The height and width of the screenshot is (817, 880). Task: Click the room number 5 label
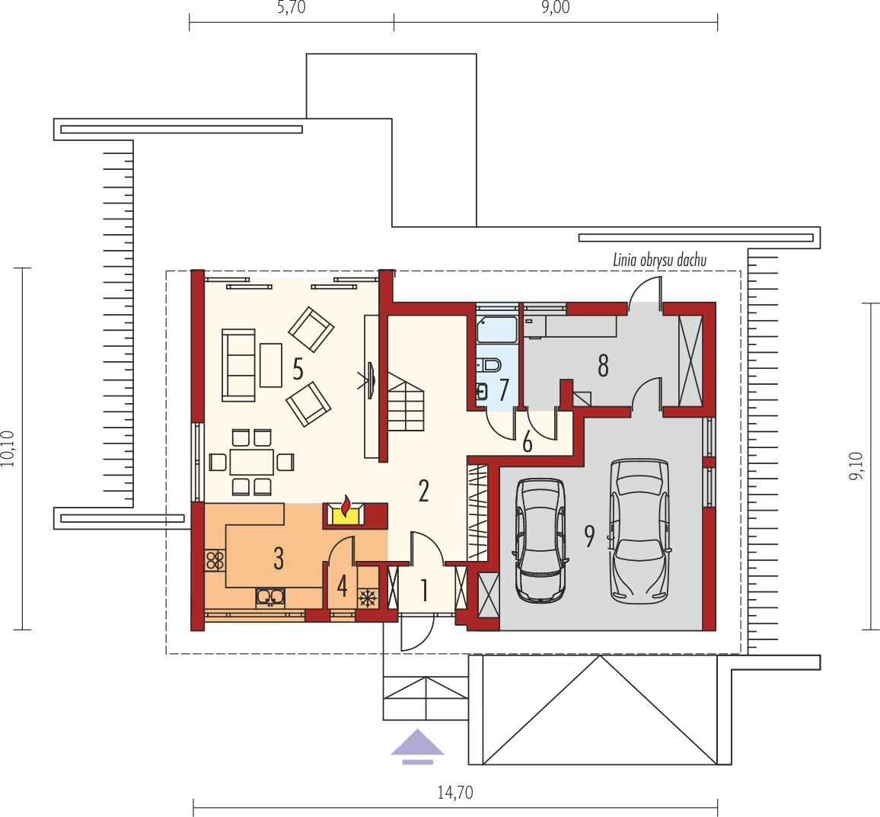(298, 370)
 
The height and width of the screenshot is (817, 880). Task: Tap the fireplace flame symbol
(346, 506)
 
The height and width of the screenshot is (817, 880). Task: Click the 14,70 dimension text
(455, 793)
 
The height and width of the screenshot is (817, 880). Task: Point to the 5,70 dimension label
(292, 9)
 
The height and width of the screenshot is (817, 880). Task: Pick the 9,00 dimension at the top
(555, 9)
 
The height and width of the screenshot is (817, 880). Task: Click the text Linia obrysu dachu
(659, 261)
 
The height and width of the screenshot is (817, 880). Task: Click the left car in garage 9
(540, 539)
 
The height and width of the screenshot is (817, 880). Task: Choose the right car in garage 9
(639, 529)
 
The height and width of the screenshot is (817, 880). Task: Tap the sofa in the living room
(238, 365)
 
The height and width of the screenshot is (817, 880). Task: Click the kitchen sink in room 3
(270, 597)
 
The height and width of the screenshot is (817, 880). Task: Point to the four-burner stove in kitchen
(215, 561)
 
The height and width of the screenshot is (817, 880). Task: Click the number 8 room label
(603, 367)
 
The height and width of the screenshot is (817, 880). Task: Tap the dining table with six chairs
(252, 462)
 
